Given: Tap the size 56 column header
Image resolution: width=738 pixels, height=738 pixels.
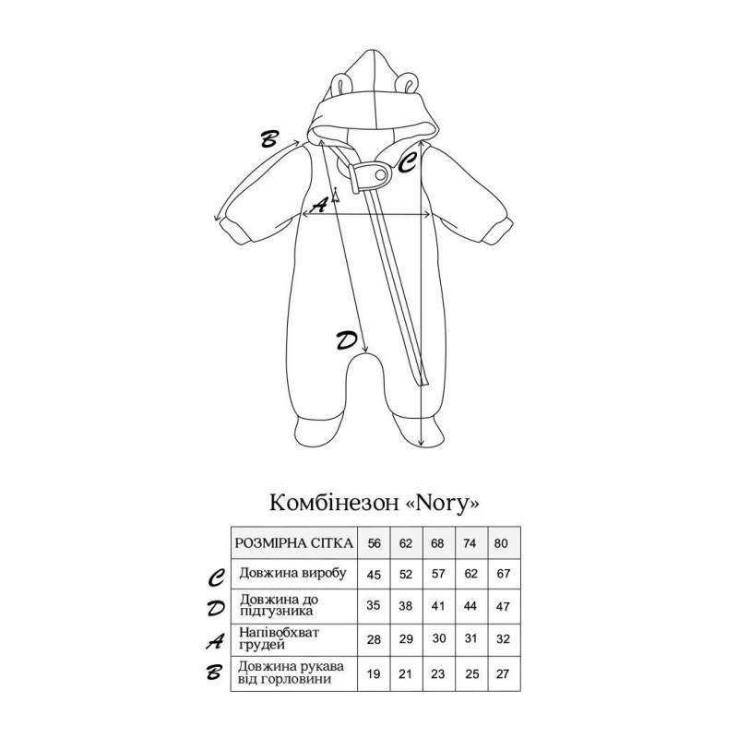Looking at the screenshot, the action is pos(375,543).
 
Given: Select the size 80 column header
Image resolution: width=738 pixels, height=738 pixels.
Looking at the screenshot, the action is pos(501,543).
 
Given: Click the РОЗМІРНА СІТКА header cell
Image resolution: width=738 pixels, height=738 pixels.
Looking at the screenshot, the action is pos(293,543).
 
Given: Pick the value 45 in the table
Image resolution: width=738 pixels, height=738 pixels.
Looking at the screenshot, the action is pos(374,575).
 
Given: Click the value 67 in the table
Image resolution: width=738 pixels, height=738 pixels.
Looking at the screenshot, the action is pos(503,574).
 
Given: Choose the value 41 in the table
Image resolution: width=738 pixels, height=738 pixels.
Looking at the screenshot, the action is pos(437,606).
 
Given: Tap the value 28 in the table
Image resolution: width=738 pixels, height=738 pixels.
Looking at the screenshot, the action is pos(374,639).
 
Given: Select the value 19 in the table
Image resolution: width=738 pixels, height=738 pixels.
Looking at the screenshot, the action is pos(374,674).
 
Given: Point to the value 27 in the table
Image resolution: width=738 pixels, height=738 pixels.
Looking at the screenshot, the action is pos(502,673).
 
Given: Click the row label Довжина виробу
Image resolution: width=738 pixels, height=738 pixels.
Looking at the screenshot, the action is pos(292,573).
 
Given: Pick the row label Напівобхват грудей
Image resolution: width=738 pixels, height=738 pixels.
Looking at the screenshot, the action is pos(279,638).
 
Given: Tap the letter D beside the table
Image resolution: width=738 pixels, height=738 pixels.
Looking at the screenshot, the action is pos(216,609).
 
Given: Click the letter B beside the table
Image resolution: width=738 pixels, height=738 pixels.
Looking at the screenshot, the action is pos(214,673).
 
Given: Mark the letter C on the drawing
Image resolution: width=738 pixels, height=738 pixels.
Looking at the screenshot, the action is pos(407,163).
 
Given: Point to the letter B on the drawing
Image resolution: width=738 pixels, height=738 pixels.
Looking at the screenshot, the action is pos(269,139).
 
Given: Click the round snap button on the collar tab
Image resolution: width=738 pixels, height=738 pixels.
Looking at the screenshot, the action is pos(380,175).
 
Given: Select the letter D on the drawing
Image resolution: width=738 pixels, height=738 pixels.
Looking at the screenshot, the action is pos(347,340).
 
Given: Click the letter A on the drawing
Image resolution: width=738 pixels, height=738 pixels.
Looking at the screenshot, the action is pos(319,205).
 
